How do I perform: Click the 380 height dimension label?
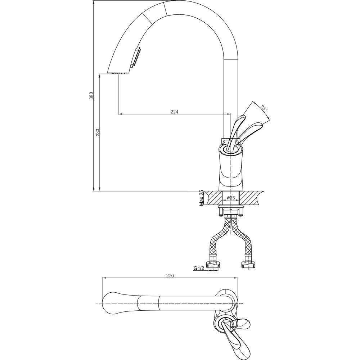pyautogui.click(x=91, y=95)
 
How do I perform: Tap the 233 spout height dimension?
pyautogui.click(x=98, y=132)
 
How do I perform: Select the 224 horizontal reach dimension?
pyautogui.click(x=175, y=112)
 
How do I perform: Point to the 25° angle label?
pyautogui.click(x=264, y=108)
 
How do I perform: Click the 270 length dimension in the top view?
pyautogui.click(x=170, y=275)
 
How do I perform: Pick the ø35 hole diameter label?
pyautogui.click(x=230, y=198)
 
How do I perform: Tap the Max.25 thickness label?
pyautogui.click(x=201, y=198)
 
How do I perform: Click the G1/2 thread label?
pyautogui.click(x=199, y=268)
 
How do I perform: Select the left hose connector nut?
pyautogui.click(x=213, y=265)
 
